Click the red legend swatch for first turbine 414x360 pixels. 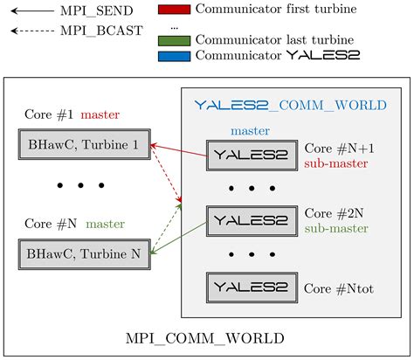(175, 10)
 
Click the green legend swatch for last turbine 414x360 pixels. (175, 40)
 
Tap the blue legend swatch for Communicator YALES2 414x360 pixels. (175, 55)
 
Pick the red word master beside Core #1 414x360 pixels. (100, 114)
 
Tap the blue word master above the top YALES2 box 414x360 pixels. (252, 131)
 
